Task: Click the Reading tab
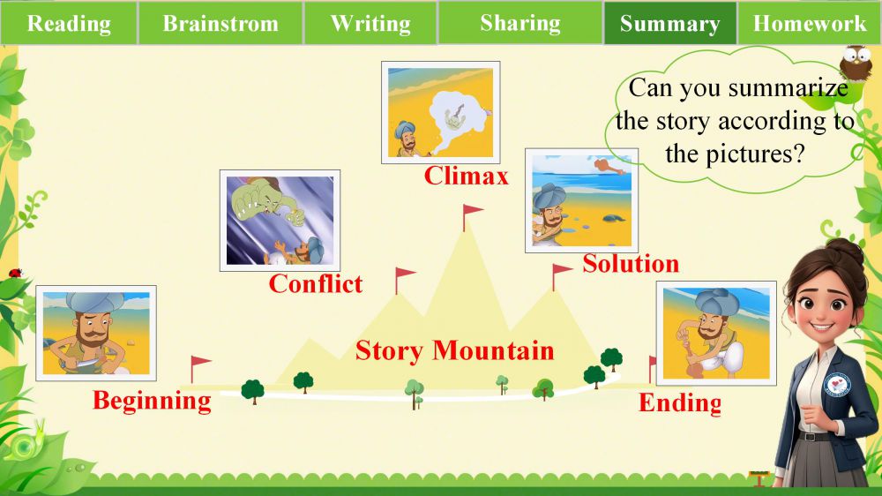click(69, 23)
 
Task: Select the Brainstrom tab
click(220, 23)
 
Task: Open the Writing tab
click(370, 23)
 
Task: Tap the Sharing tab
click(520, 23)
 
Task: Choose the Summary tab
click(670, 23)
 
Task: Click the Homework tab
click(810, 23)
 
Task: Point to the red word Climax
click(467, 176)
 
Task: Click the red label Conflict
click(316, 283)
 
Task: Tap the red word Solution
click(631, 264)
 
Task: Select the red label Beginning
click(152, 401)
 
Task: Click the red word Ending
click(679, 403)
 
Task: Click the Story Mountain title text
click(454, 350)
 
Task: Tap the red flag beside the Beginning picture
click(199, 369)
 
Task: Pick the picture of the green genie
click(280, 220)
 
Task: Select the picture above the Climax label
click(440, 113)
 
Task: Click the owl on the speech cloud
click(856, 63)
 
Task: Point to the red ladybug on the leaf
click(15, 274)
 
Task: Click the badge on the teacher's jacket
click(837, 385)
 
